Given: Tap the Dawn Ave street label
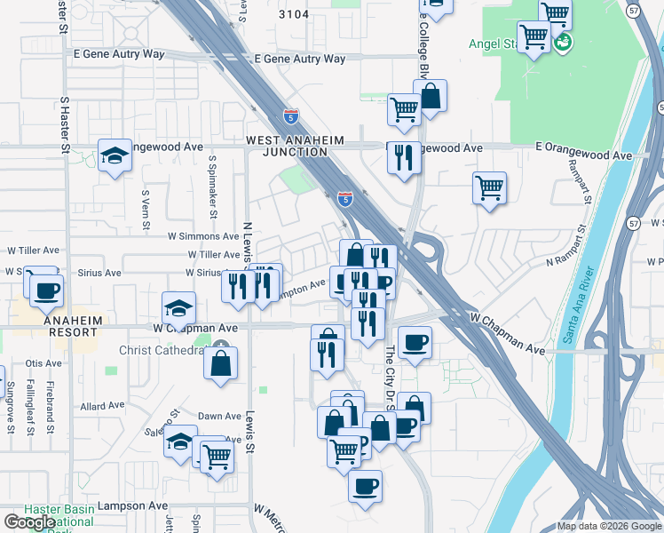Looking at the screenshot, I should coord(220,416).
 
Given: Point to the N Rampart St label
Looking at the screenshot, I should coord(569,261).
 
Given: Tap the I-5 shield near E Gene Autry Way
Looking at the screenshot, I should coord(291,115).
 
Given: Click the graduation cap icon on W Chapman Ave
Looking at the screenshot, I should coord(178,308).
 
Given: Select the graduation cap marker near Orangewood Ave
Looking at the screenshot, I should coord(115,155).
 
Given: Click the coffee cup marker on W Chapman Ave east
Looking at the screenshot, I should coord(415,342).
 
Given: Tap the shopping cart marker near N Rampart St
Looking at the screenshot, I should coord(490,187).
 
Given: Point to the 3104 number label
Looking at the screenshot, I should coord(294,14).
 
